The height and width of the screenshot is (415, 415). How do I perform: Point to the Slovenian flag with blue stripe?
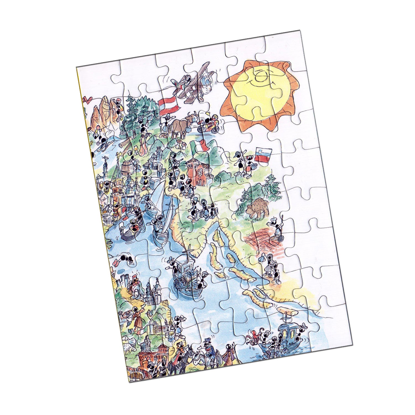click(x=263, y=154)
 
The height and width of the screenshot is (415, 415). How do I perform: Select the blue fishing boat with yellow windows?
click(x=288, y=333)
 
